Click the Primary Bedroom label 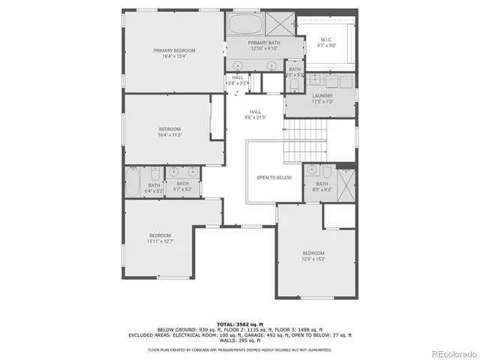pos(169,50)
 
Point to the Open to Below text pos(274,178)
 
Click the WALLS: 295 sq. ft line pos(240,340)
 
